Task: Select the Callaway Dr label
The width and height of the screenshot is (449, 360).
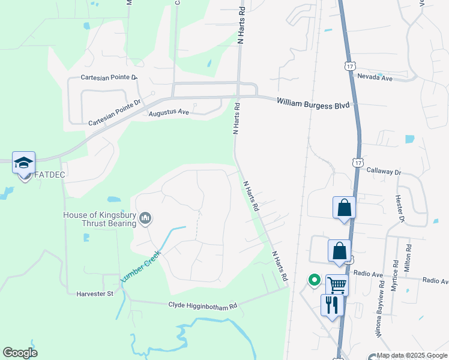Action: (384, 171)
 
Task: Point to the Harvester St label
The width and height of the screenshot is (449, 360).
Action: (95, 294)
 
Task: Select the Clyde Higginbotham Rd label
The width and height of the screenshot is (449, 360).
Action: (203, 306)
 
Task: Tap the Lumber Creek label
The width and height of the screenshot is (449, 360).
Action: (141, 267)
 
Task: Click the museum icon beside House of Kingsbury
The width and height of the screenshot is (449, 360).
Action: (145, 220)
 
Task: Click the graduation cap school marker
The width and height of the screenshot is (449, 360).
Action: (24, 163)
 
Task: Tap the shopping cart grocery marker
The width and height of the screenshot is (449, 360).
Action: (337, 285)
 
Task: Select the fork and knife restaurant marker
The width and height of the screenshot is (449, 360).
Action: (332, 305)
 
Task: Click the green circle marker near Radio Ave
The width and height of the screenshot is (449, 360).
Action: (313, 280)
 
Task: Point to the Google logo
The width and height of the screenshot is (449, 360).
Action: (20, 353)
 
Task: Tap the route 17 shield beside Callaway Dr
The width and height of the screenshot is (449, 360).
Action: (358, 163)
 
